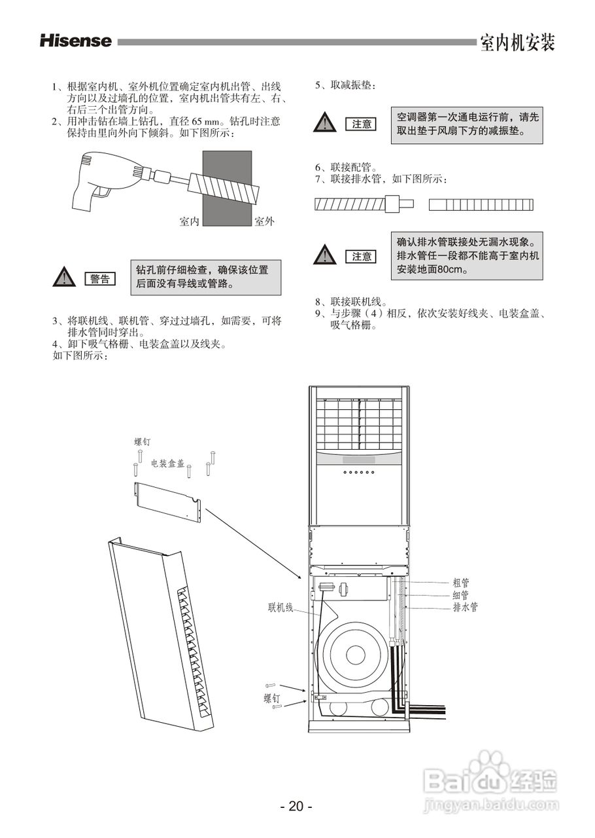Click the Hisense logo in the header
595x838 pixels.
[76, 41]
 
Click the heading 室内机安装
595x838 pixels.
[517, 43]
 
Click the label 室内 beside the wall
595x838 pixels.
[189, 222]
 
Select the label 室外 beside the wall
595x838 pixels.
[264, 222]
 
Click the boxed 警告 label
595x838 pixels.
[100, 279]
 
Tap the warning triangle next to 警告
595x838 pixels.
[64, 278]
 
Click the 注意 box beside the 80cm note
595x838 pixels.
[362, 257]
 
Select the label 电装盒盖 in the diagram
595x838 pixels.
[167, 464]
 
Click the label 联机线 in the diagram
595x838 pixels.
[280, 607]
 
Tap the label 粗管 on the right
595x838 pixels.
[460, 582]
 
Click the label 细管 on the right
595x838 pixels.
[460, 594]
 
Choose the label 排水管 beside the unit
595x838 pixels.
[465, 607]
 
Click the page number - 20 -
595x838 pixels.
[296, 807]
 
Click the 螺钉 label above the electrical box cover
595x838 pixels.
[142, 443]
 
